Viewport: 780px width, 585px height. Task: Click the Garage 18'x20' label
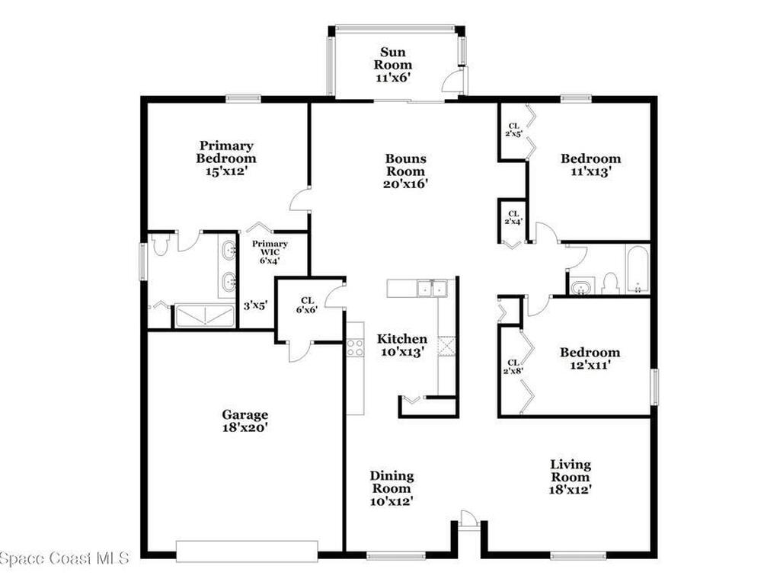[x=245, y=421]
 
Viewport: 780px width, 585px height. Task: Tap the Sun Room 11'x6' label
[x=397, y=65]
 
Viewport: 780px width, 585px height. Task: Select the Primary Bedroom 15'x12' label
[x=226, y=158]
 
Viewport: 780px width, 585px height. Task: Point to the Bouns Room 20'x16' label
[x=405, y=171]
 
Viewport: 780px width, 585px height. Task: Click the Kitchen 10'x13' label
[x=403, y=345]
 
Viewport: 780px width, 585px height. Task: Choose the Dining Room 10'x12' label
[x=392, y=488]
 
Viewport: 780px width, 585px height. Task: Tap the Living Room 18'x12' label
[x=571, y=476]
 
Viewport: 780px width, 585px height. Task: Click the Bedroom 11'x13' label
[x=590, y=165]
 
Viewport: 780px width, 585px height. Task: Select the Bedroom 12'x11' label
[x=590, y=358]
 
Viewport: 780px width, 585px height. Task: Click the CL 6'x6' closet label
[x=308, y=305]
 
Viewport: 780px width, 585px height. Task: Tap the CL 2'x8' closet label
[x=512, y=367]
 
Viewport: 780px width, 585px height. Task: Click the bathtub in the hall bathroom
[x=637, y=269]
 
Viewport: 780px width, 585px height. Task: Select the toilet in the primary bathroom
[x=159, y=244]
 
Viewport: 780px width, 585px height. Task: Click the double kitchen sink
[x=431, y=288]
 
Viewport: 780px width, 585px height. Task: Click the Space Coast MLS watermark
[x=65, y=558]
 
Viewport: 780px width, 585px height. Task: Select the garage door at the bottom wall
[x=247, y=551]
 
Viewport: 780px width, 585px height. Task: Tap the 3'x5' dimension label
[x=255, y=306]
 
